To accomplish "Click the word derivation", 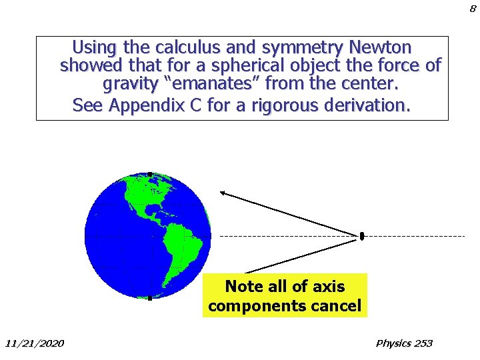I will pos(367,105).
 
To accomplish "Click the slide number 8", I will pos(473,9).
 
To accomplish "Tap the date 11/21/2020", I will pos(35,343).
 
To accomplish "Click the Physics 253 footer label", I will pos(404,343).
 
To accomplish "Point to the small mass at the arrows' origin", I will pos(362,236).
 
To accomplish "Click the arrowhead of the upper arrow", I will pos(223,193).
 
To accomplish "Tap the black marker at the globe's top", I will pos(150,175).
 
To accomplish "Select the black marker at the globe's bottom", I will pos(150,298).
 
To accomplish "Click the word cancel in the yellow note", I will pos(340,306).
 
